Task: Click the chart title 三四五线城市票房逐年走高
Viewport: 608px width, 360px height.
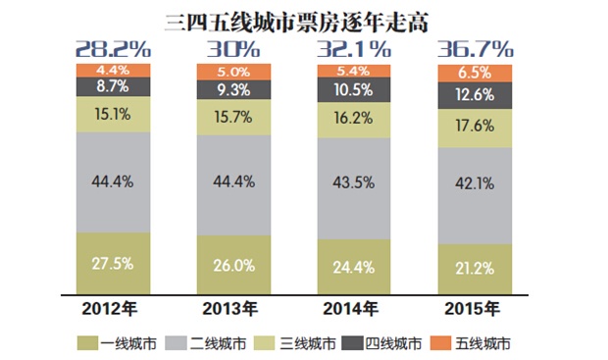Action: pos(303,19)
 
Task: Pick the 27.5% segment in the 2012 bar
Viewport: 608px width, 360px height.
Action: pos(113,264)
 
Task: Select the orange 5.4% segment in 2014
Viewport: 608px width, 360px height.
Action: pos(353,72)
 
